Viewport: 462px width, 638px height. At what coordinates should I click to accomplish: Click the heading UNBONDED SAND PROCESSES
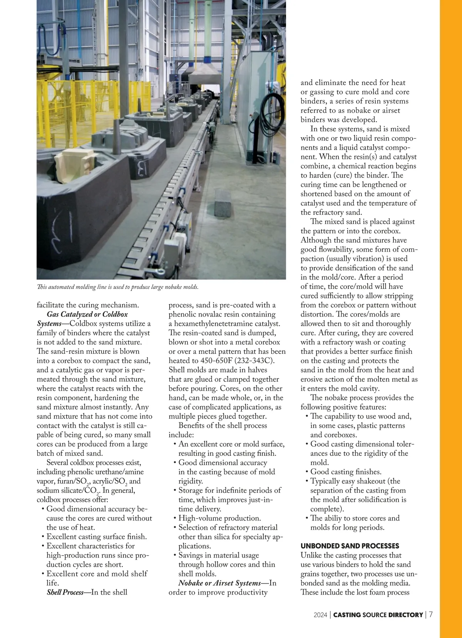(350, 546)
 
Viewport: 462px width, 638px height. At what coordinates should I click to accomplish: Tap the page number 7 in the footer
(431, 615)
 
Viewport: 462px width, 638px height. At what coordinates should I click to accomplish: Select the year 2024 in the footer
(320, 615)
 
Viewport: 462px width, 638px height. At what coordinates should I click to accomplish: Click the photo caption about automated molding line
(117, 287)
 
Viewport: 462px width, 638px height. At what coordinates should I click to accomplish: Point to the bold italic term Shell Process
(65, 592)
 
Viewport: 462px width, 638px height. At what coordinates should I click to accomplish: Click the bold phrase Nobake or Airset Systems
(219, 583)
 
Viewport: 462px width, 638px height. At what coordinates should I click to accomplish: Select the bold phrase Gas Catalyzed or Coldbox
(87, 314)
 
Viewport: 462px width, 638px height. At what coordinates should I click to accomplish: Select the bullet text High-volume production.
(219, 518)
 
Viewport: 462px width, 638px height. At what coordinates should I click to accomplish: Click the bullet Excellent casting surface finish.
(97, 537)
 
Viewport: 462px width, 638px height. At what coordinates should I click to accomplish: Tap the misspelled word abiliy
(336, 518)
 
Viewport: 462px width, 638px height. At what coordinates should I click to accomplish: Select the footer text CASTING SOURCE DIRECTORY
(378, 615)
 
